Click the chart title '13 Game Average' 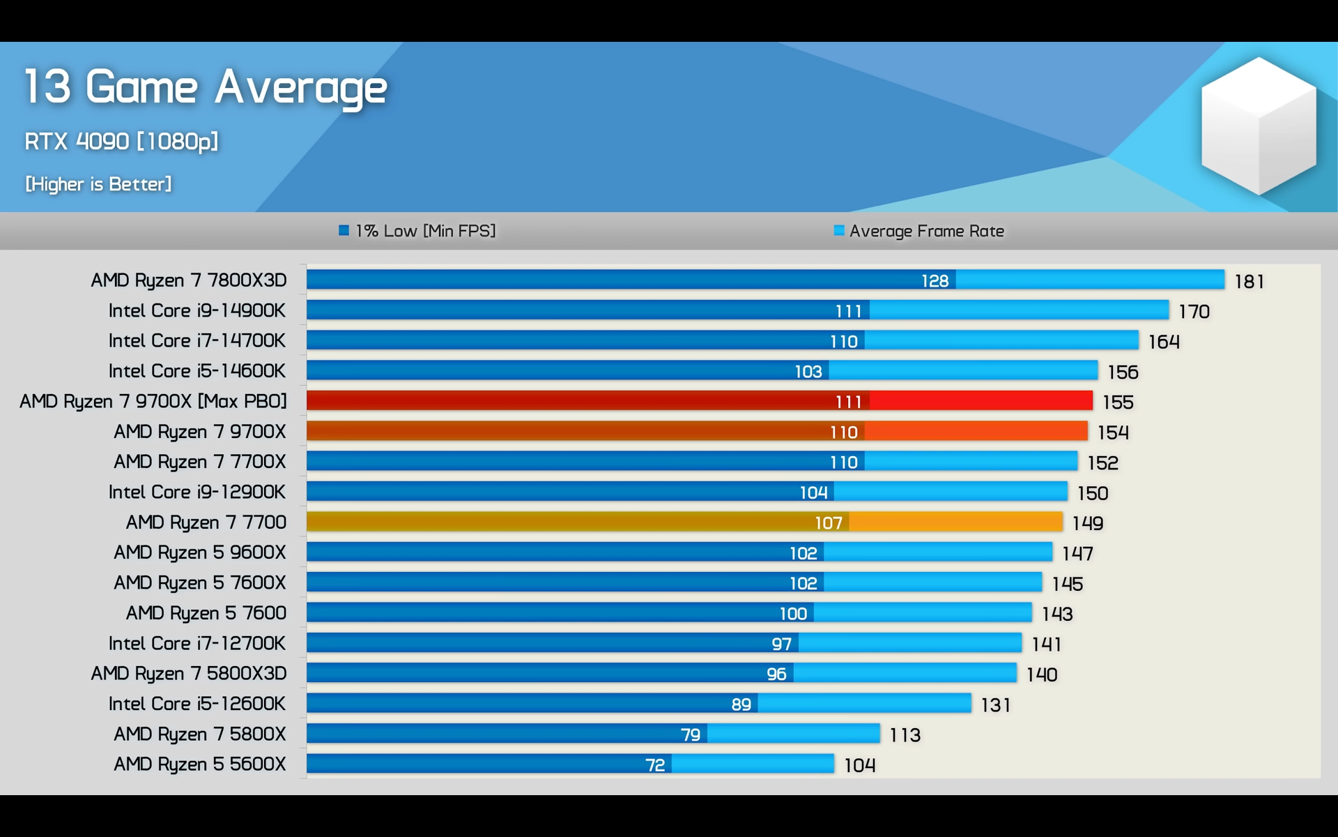(x=206, y=88)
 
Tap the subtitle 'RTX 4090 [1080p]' (x=121, y=142)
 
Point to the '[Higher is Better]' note (x=98, y=184)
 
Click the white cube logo (x=1259, y=126)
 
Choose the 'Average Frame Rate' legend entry (x=919, y=231)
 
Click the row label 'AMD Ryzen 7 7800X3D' (x=189, y=280)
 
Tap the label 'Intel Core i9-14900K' (x=197, y=310)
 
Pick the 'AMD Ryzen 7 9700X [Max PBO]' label (x=153, y=401)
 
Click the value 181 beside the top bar (x=1249, y=281)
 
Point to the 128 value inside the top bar (x=935, y=280)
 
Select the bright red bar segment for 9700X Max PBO (x=981, y=400)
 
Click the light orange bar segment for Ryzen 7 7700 (x=956, y=522)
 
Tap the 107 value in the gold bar (x=829, y=522)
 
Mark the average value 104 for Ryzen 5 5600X (x=859, y=765)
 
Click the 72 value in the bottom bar (x=655, y=765)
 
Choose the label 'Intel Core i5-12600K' (x=197, y=704)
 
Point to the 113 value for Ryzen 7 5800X (x=905, y=735)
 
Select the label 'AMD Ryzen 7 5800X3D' (x=189, y=673)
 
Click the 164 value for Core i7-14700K (x=1164, y=342)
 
